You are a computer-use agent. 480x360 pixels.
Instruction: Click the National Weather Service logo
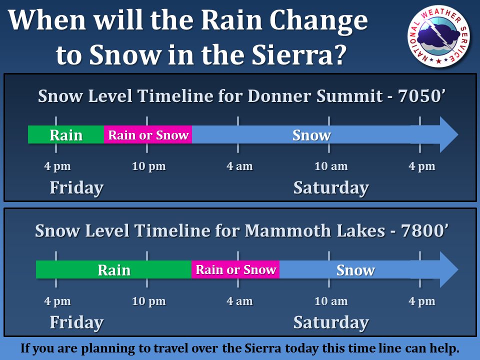click(438, 36)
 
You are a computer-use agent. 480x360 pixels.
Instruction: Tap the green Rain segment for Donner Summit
click(66, 134)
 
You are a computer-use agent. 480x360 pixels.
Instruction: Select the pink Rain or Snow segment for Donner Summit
click(148, 134)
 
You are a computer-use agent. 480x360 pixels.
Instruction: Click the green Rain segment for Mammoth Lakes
click(113, 269)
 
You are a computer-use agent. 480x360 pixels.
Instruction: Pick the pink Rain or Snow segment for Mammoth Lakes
click(235, 269)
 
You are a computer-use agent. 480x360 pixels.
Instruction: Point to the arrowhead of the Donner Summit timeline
click(449, 134)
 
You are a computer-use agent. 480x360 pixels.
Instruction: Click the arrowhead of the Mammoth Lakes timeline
click(449, 269)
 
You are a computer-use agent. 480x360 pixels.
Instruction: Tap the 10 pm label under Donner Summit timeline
click(149, 166)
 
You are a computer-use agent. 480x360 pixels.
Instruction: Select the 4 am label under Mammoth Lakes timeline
click(239, 301)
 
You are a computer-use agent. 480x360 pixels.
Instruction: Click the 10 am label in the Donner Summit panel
click(331, 166)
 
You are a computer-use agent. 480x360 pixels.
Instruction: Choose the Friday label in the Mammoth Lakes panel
click(76, 322)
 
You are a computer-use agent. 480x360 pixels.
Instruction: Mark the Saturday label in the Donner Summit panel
click(331, 187)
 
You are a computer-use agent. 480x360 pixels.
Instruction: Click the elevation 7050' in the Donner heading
click(421, 96)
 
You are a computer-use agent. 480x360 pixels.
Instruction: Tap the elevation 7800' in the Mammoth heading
click(424, 230)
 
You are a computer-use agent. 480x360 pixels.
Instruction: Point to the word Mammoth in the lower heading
click(288, 230)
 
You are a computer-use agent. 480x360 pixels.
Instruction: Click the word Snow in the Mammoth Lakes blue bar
click(355, 270)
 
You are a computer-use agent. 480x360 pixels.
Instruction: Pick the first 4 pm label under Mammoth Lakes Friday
click(57, 301)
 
